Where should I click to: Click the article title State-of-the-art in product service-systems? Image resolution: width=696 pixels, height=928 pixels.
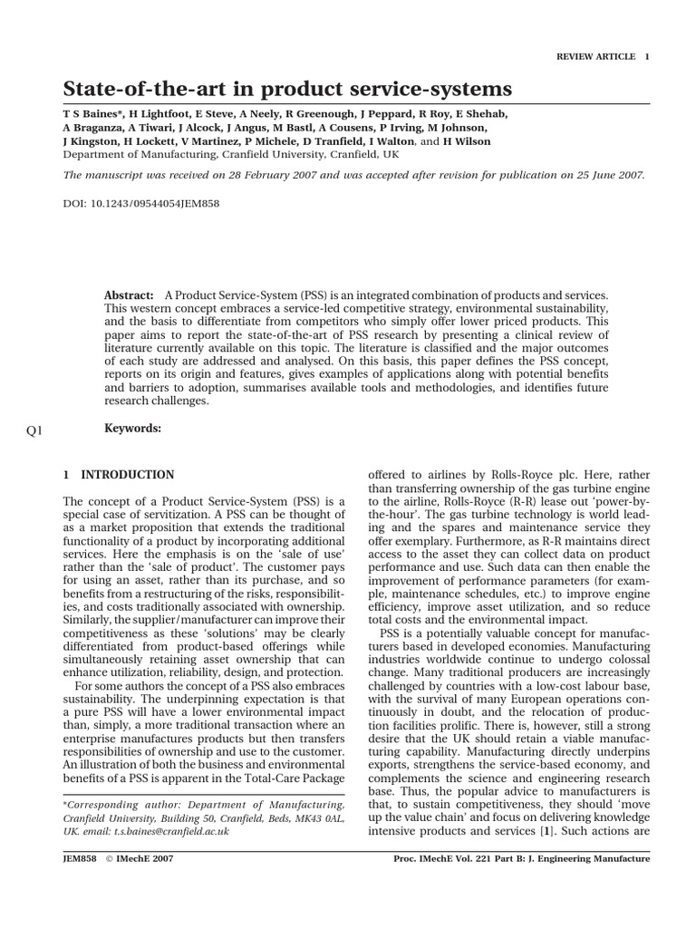[x=287, y=89]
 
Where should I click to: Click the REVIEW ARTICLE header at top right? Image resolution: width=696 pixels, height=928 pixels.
[x=595, y=56]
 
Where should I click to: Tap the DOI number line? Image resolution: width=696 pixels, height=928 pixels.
[x=141, y=204]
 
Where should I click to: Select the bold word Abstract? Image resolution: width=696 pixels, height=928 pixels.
[x=130, y=296]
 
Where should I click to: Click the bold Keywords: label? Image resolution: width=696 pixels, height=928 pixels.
[x=133, y=429]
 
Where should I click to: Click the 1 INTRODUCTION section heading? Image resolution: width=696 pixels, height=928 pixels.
[x=119, y=474]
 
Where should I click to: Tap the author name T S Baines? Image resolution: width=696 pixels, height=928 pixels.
[x=90, y=113]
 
